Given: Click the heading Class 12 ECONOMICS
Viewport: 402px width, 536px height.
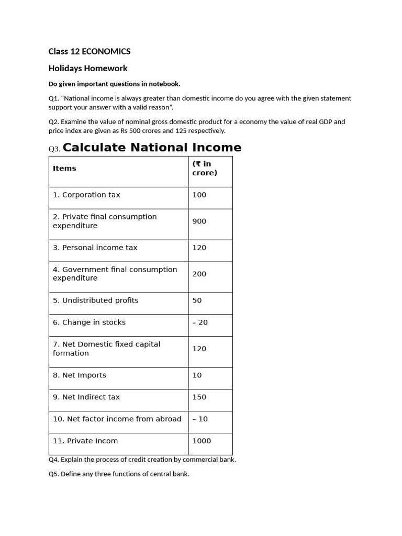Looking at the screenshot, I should coord(90,51).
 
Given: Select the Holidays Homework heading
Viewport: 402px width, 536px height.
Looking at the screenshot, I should coord(88,68).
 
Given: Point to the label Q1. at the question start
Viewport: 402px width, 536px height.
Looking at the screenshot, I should coord(54,98).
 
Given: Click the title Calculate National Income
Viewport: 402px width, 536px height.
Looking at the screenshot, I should coord(152,148).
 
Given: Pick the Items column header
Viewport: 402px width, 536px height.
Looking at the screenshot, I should coord(64,169).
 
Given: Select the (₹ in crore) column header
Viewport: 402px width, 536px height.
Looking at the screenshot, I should coord(205,169).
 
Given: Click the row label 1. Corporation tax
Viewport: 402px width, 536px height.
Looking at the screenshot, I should coord(86,195).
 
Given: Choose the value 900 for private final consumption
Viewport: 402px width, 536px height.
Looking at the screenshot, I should coord(199,221).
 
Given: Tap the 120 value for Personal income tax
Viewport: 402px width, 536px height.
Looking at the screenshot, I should coord(199,248).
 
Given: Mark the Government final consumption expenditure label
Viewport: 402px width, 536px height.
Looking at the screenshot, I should coord(115,274).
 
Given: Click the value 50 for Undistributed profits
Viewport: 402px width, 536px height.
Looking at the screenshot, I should coord(197,300).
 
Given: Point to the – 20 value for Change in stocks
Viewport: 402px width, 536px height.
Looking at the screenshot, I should coord(200,322).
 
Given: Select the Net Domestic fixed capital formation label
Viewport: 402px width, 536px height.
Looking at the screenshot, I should coord(106,349).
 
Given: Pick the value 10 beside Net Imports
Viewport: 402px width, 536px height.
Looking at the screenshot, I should coord(197,375).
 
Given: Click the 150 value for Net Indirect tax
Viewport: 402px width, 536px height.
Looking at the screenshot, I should coord(199,397).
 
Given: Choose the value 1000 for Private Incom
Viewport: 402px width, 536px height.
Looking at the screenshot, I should coord(202,441).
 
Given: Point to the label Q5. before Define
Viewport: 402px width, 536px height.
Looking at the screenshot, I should coord(54,474).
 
